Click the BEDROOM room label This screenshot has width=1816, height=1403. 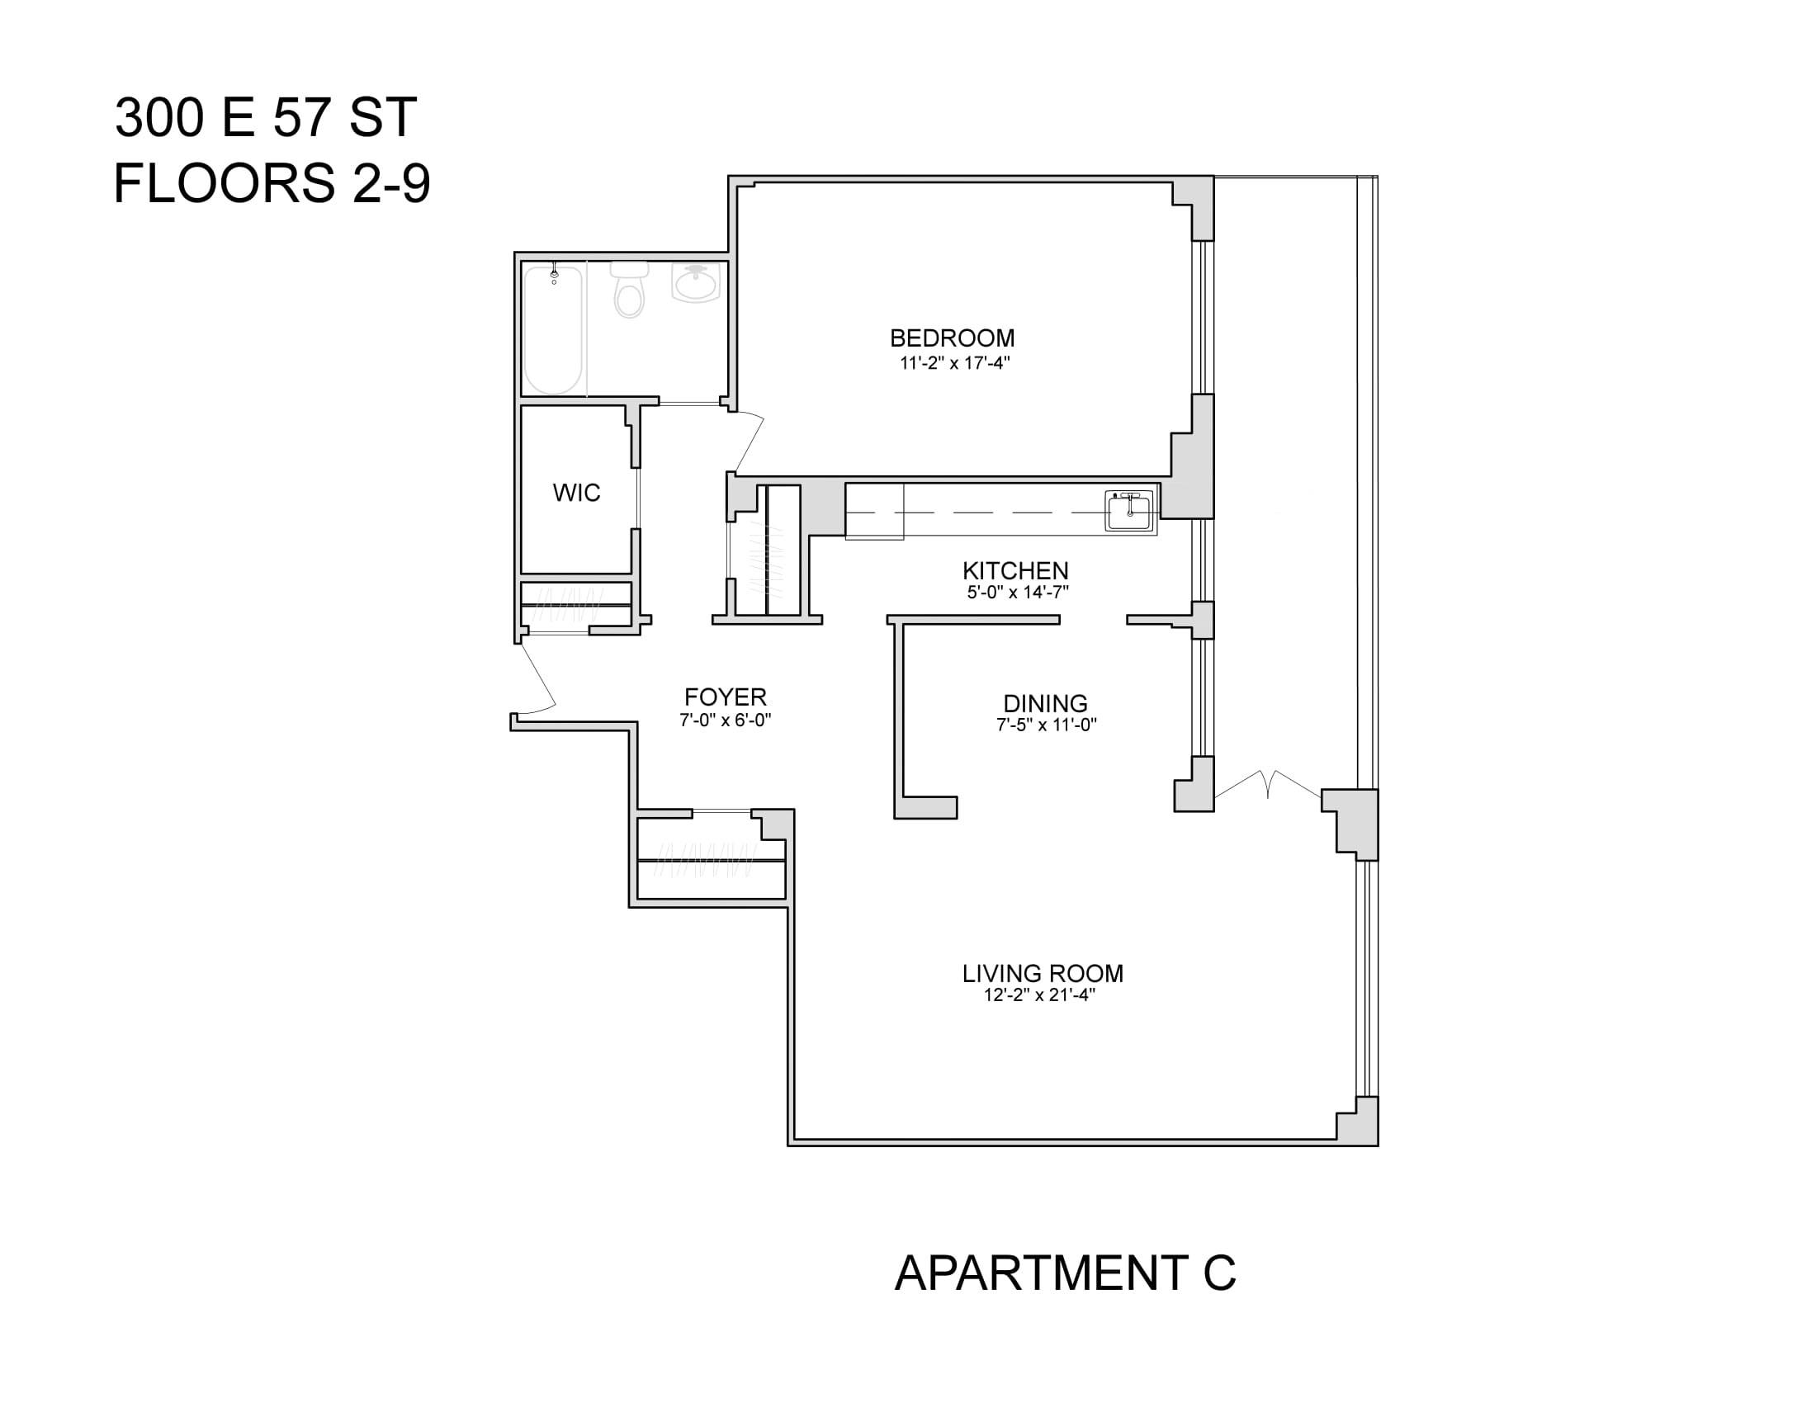point(952,338)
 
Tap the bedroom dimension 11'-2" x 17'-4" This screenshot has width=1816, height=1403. point(953,362)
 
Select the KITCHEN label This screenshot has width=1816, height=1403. point(1015,571)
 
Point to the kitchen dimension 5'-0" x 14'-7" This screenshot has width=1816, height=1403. point(1018,593)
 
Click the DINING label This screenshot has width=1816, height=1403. point(1045,703)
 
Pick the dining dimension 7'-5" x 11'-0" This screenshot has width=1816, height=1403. point(1046,725)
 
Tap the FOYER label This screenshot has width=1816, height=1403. point(725,697)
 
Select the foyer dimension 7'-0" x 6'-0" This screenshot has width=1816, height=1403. point(725,720)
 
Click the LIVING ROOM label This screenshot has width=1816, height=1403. point(1043,973)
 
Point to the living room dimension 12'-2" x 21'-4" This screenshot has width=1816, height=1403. point(1039,995)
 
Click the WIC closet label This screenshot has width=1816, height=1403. point(576,493)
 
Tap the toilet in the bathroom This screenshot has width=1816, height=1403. point(630,289)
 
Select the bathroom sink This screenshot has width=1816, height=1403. point(696,283)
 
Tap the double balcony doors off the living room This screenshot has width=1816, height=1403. point(1267,784)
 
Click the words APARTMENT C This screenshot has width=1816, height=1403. point(1065,1273)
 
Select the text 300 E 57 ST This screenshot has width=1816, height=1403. point(265,117)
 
